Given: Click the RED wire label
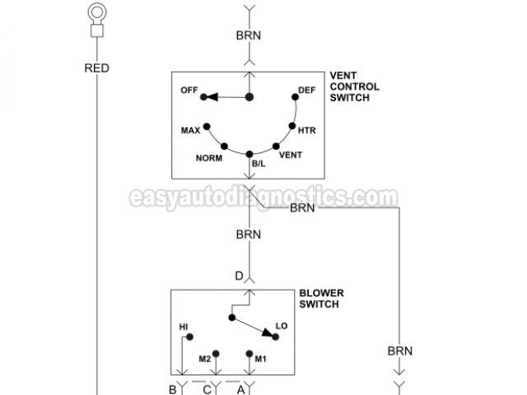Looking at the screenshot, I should click(96, 68).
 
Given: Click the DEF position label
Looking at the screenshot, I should click(306, 91).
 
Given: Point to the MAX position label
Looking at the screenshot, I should click(191, 130).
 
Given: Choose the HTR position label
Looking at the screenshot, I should click(307, 130).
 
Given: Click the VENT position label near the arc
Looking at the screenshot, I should click(291, 155).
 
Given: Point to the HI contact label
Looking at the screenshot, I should click(184, 327).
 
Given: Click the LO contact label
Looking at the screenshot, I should click(282, 328).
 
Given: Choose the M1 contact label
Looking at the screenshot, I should click(261, 359).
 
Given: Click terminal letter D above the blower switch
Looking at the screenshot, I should click(239, 276).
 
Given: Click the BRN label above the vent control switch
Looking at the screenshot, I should click(249, 37).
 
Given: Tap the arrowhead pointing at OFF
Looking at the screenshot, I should click(211, 97).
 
